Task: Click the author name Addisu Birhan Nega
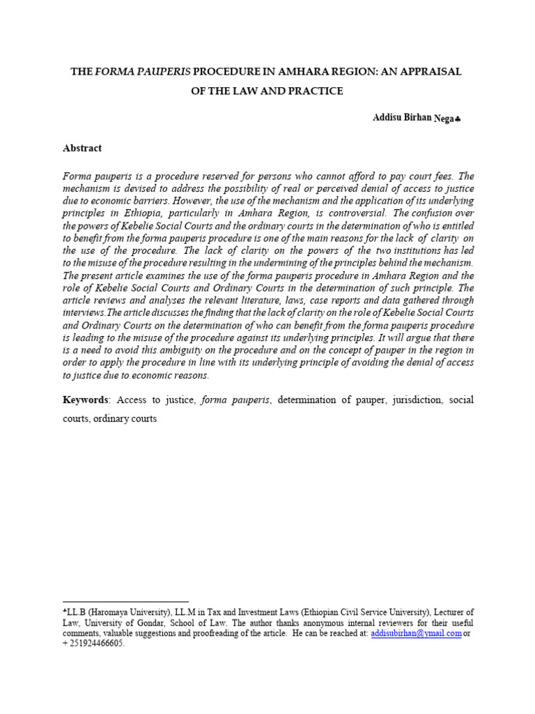tap(412, 119)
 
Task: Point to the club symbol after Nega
tap(458, 120)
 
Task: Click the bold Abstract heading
tap(82, 148)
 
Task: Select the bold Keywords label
tap(86, 400)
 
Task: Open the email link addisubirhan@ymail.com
tap(416, 633)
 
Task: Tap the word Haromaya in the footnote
tap(114, 612)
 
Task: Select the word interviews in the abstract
tap(85, 312)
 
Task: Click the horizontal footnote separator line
tap(125, 601)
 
